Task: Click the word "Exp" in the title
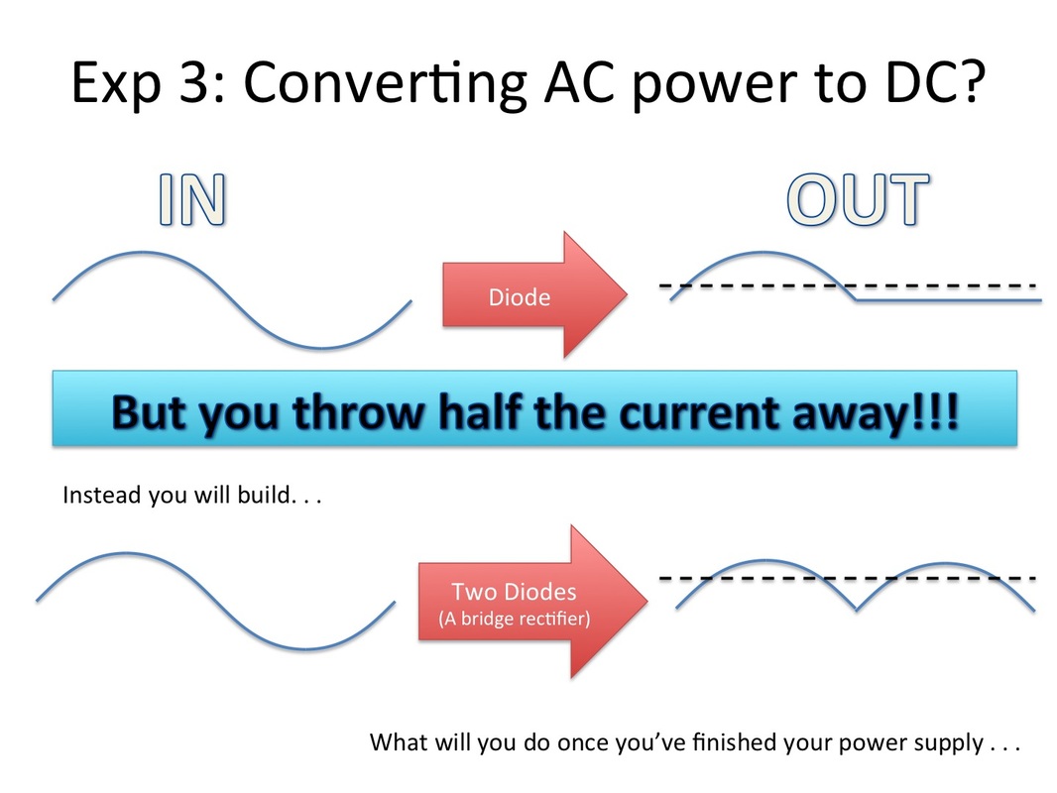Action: point(116,83)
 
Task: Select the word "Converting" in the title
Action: point(385,83)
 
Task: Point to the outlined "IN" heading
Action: point(192,199)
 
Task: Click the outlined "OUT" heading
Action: point(858,199)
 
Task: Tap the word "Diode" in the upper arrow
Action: point(519,297)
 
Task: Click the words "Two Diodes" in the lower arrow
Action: point(514,592)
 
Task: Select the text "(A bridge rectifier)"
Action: point(515,619)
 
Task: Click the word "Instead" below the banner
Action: point(102,496)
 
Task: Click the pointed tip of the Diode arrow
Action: point(627,294)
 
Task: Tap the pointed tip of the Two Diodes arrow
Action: point(647,601)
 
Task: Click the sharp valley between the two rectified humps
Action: point(856,610)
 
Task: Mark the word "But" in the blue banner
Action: point(148,412)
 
